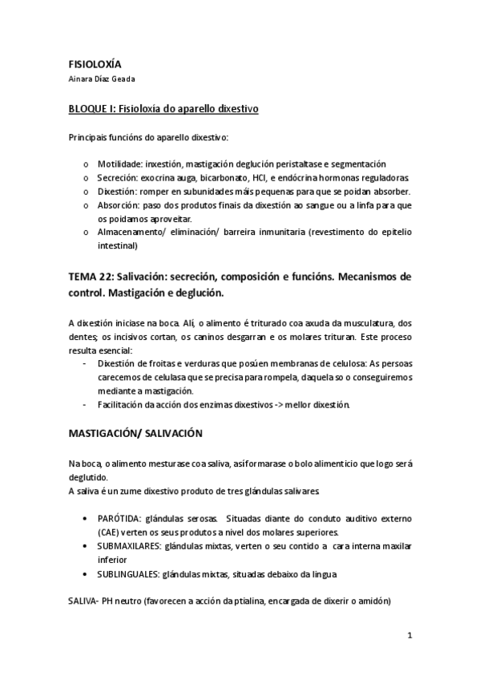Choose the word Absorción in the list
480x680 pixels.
[x=119, y=205]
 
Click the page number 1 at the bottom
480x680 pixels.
[x=409, y=637]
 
